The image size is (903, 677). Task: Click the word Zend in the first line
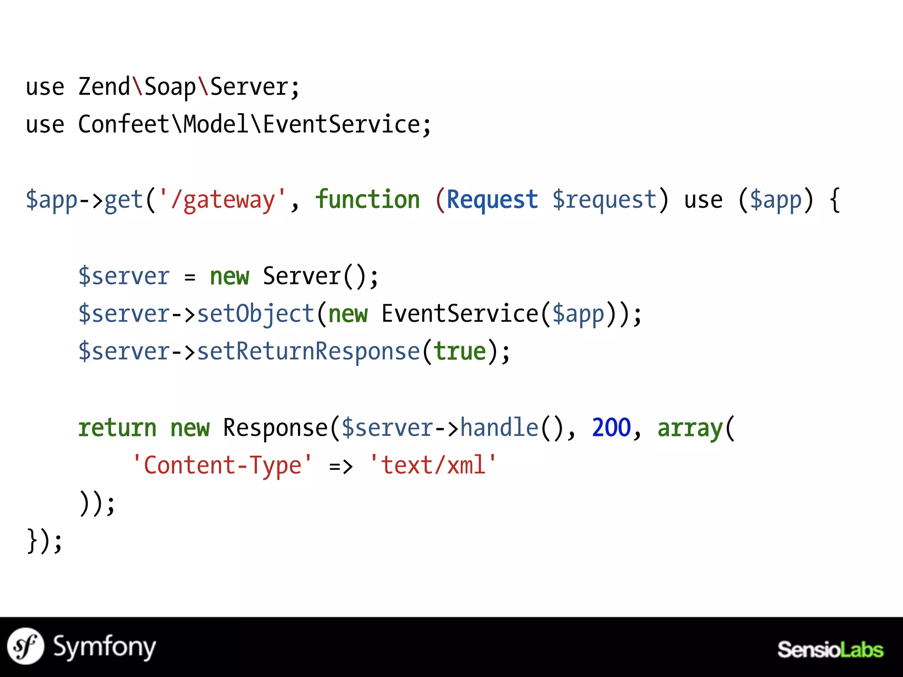point(104,87)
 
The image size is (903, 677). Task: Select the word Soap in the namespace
point(170,87)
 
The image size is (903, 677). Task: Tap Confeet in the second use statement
point(124,124)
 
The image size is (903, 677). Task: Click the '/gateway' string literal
point(222,200)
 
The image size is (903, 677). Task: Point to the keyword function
point(368,200)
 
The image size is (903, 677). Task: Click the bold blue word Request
point(492,200)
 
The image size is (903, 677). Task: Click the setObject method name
point(255,314)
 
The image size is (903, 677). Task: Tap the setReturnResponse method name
point(308,352)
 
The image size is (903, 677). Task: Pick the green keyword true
point(459,352)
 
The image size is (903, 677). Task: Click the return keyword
point(117,428)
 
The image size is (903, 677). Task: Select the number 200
point(612,428)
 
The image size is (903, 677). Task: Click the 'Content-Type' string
point(222,465)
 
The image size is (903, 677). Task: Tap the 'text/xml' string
point(433,465)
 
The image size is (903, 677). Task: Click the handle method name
point(499,428)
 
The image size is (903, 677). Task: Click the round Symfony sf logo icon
point(26,646)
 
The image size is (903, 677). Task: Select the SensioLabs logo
point(830,650)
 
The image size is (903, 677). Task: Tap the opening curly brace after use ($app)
point(835,200)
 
